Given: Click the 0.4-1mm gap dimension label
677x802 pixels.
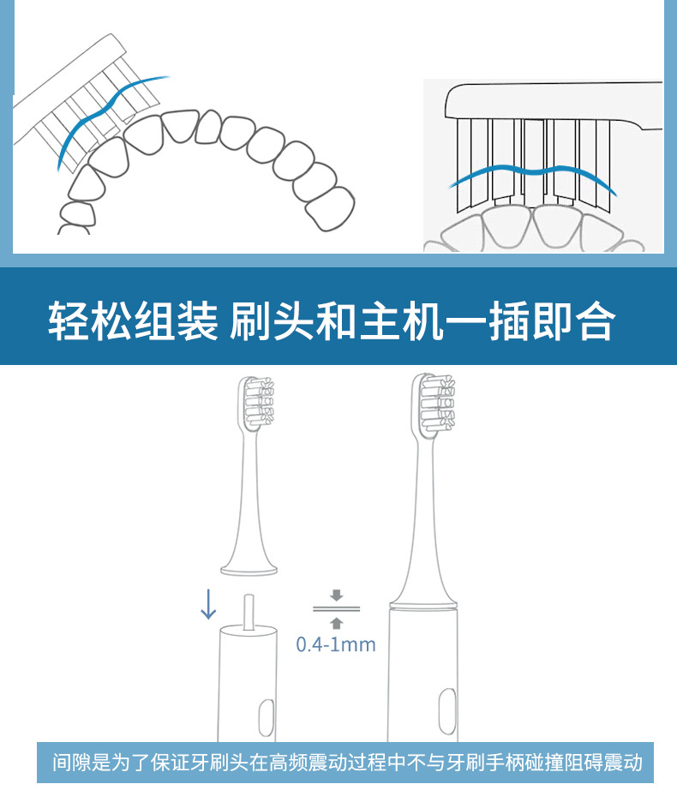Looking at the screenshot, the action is pyautogui.click(x=336, y=644).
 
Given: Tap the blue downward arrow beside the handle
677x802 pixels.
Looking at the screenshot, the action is pyautogui.click(x=207, y=603).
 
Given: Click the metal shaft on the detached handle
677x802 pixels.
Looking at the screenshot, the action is pyautogui.click(x=248, y=611).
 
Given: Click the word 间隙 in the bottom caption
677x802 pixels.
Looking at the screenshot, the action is pyautogui.click(x=70, y=762).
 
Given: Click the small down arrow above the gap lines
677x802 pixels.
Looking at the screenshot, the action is pyautogui.click(x=336, y=594).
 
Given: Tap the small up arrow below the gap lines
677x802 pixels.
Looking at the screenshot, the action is pyautogui.click(x=336, y=624).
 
